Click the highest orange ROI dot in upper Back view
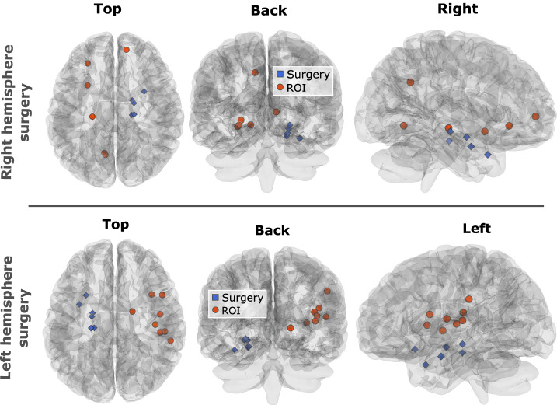[255, 72]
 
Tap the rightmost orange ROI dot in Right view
[535, 117]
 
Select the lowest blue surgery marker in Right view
[487, 155]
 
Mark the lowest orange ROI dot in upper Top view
[105, 154]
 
